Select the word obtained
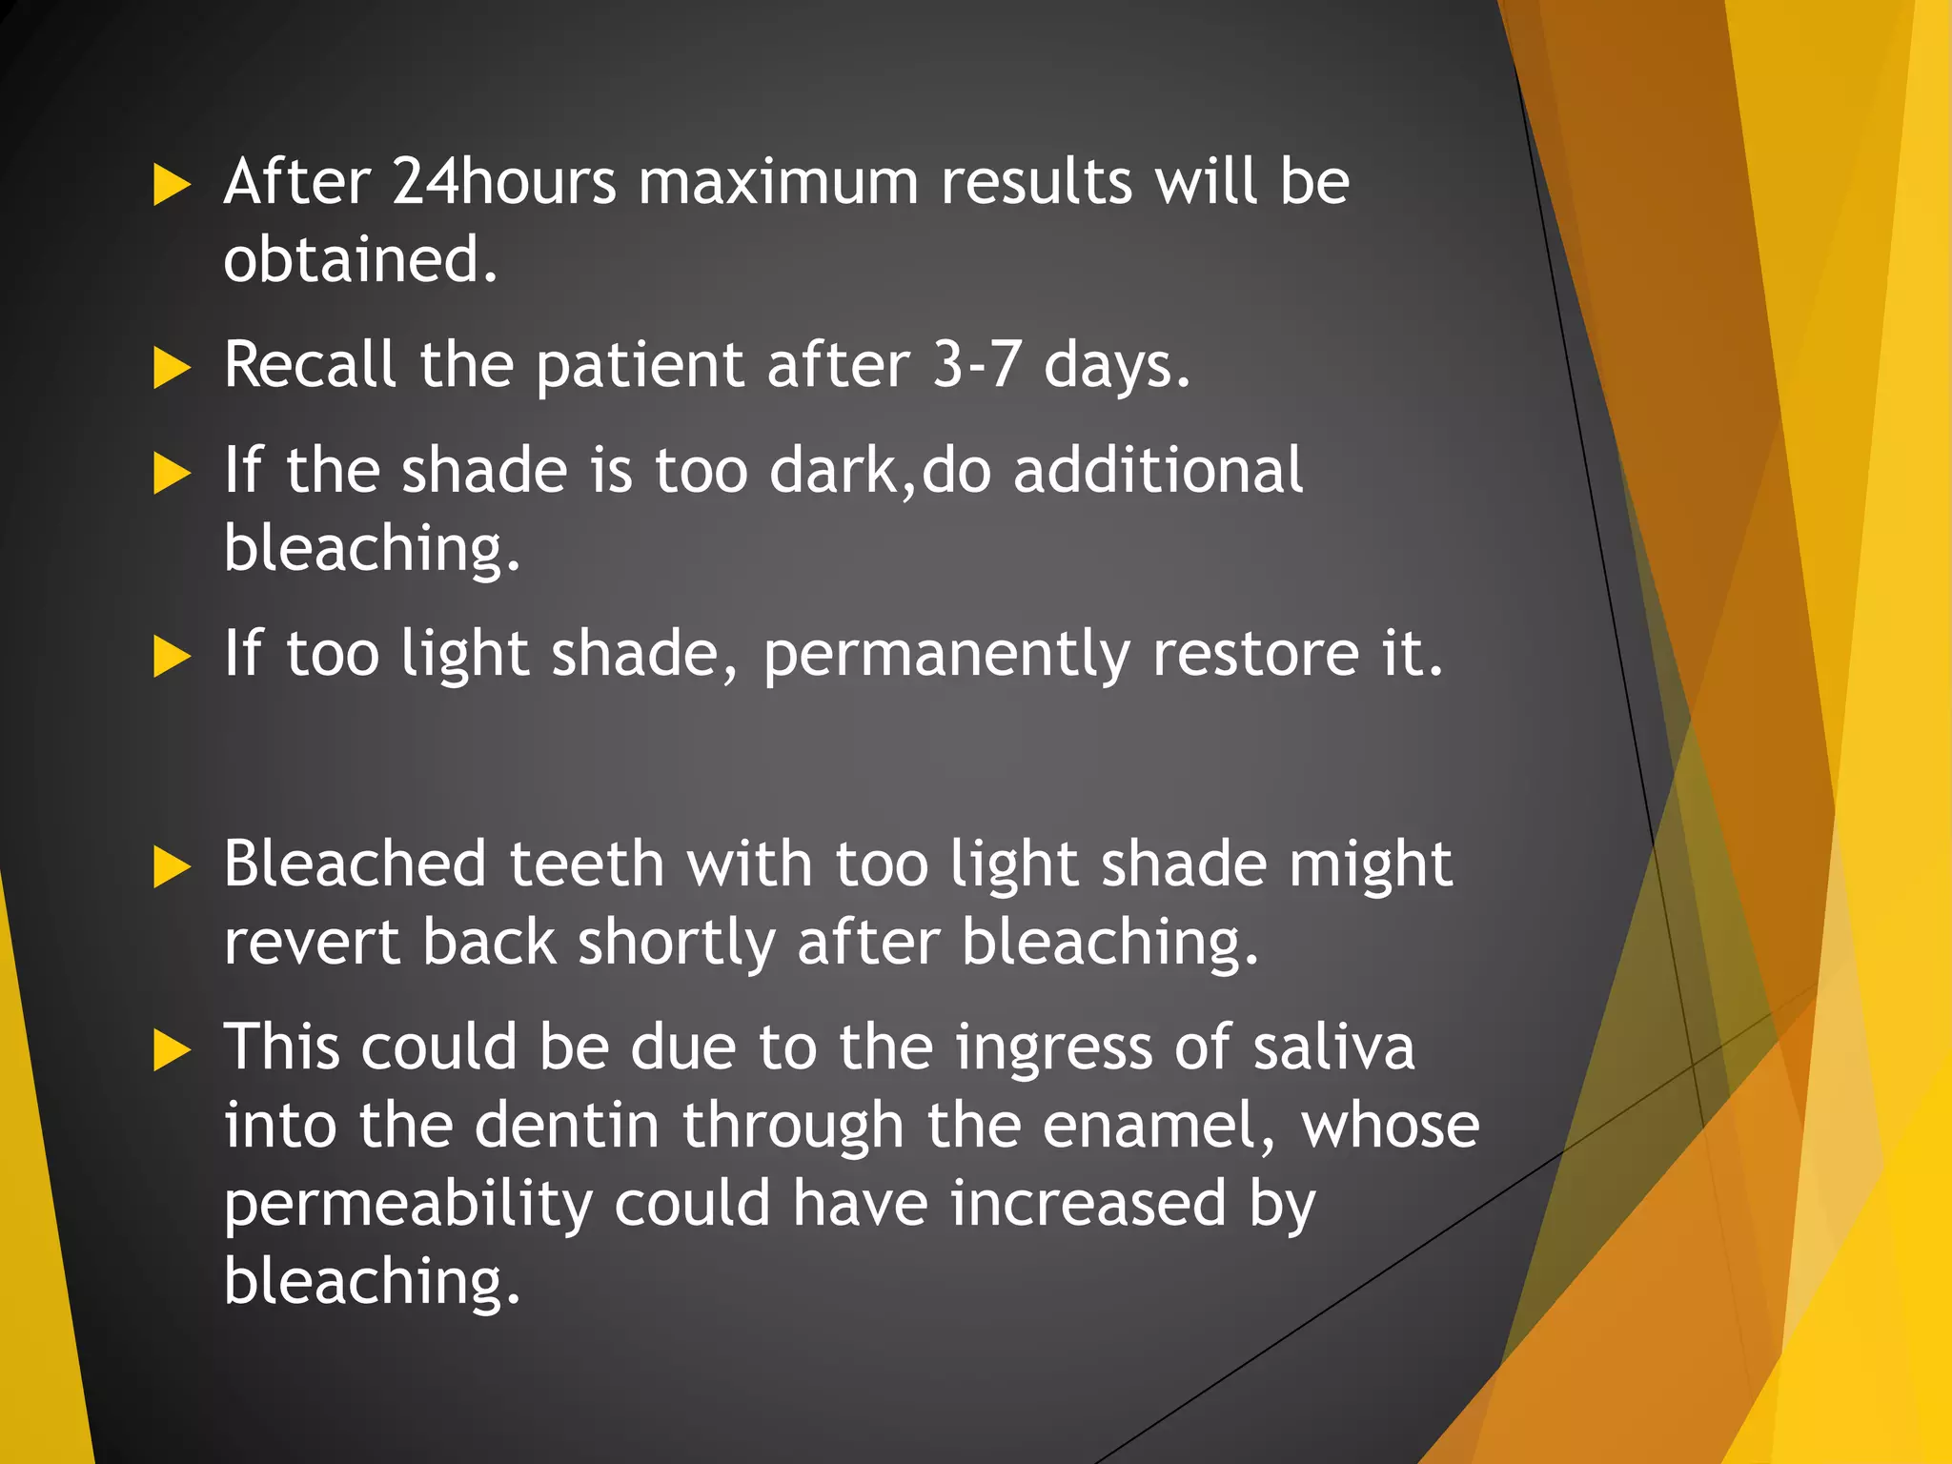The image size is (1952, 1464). [359, 259]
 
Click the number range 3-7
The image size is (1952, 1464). [977, 364]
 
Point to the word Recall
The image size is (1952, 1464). [310, 364]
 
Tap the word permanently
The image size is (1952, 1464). [946, 656]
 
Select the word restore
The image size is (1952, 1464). [1255, 654]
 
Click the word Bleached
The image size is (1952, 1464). [356, 864]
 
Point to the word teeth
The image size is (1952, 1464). [586, 864]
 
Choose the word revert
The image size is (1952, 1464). [312, 942]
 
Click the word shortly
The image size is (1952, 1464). [676, 944]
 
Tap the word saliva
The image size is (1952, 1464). [1332, 1047]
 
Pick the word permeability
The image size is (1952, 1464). [408, 1205]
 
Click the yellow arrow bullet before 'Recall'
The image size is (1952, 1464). [172, 368]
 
